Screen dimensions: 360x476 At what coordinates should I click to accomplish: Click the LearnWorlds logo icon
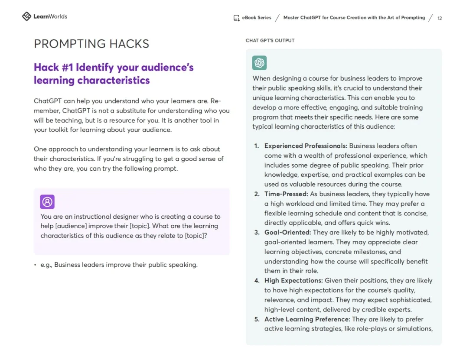[x=26, y=16]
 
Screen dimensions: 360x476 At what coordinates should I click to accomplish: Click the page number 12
[x=440, y=18]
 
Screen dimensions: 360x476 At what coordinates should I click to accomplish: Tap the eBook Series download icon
[x=237, y=18]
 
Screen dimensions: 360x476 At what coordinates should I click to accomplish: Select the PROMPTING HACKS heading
[x=91, y=44]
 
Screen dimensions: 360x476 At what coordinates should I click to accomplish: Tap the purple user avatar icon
[x=47, y=202]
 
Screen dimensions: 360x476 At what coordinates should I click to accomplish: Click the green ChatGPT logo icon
[x=260, y=63]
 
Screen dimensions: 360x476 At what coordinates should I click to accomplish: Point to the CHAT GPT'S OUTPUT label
[x=270, y=41]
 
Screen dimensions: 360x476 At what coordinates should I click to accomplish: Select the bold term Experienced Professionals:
[x=306, y=146]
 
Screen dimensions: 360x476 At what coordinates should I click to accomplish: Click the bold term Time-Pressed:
[x=286, y=194]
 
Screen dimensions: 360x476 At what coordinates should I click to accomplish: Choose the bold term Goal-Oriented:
[x=287, y=233]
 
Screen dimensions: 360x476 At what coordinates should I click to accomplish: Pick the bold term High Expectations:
[x=293, y=281]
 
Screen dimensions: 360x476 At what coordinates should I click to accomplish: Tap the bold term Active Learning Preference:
[x=307, y=319]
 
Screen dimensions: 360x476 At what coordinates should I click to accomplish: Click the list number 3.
[x=257, y=233]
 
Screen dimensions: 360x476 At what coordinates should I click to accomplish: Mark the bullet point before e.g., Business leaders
[x=35, y=265]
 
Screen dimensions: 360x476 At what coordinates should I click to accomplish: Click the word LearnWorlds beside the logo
[x=50, y=16]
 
